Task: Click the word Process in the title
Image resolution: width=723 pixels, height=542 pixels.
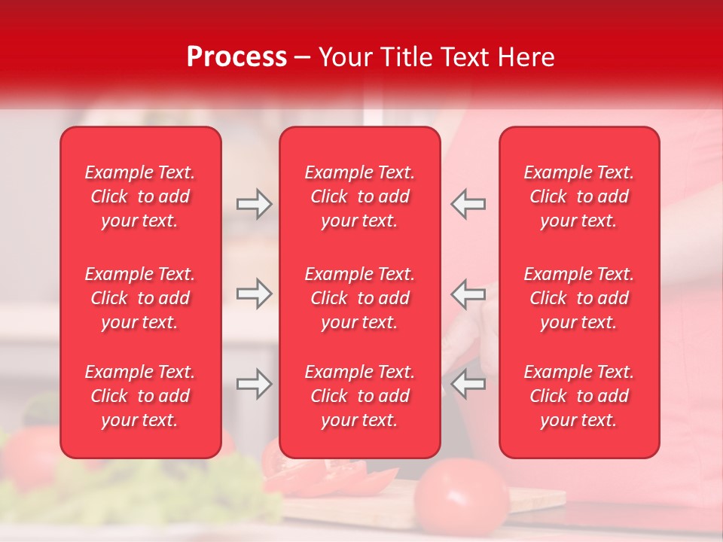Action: tap(236, 57)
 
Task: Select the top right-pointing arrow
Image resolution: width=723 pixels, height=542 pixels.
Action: tap(254, 204)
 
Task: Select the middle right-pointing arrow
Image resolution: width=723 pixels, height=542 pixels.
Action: tap(254, 294)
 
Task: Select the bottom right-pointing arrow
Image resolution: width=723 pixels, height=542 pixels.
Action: tap(254, 384)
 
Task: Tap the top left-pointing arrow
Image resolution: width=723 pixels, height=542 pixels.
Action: tap(468, 204)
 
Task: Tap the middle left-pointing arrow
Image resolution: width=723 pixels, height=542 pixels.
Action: tap(468, 294)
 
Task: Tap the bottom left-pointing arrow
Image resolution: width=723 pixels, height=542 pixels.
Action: tap(468, 384)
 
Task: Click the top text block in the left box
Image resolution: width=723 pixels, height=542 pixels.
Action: tap(140, 196)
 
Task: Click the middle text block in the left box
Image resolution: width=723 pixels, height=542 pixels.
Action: tap(140, 298)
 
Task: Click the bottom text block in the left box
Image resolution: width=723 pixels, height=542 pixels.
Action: tap(140, 396)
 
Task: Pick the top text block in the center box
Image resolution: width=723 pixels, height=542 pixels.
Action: tap(359, 196)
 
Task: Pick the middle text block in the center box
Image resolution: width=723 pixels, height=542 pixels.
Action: tap(359, 298)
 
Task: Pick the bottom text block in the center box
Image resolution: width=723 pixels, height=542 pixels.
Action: tap(359, 396)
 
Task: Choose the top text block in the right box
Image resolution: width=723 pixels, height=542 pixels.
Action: tap(578, 196)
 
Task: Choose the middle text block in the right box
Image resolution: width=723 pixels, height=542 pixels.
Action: tap(578, 298)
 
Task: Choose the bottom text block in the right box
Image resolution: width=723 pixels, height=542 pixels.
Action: tap(578, 396)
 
